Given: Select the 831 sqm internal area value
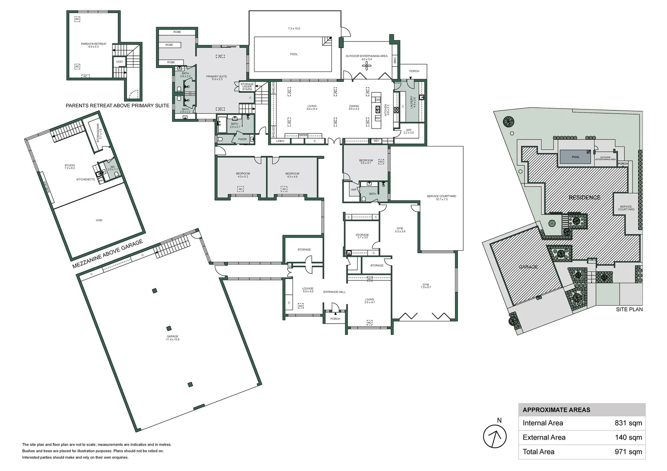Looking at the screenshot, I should [628, 423].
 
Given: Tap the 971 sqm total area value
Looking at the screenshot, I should [628, 452].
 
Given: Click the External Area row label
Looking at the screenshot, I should [544, 437].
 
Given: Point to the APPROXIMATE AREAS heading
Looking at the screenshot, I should [556, 410].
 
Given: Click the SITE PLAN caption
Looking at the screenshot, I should [629, 309].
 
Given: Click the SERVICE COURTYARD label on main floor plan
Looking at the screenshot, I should [441, 198].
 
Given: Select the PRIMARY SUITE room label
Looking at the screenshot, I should [217, 78].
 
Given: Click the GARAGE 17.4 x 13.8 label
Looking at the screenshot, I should [172, 338].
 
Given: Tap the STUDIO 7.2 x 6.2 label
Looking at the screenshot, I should [69, 167].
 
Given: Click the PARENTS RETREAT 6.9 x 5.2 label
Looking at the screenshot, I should [93, 45].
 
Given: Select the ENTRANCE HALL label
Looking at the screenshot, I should [334, 292].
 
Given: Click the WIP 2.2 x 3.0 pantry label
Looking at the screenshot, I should [409, 131].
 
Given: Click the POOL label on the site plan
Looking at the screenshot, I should [575, 157].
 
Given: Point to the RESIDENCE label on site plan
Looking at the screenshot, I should [584, 198].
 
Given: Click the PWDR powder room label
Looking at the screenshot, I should [242, 139].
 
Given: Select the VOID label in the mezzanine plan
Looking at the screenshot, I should [99, 220].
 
